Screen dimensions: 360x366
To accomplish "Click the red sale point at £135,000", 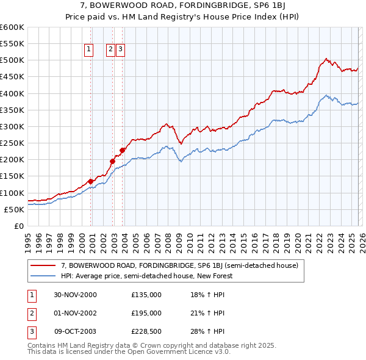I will (91, 181).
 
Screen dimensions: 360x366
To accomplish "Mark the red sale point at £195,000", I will (112, 161).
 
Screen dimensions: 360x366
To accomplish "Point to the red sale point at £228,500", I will (123, 150).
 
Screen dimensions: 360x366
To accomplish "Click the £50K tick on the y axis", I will (14, 209).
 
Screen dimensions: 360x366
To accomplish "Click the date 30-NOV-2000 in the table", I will (75, 295).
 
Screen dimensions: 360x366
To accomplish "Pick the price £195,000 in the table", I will (146, 313).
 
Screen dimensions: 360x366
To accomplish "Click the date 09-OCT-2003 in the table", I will (75, 331).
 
